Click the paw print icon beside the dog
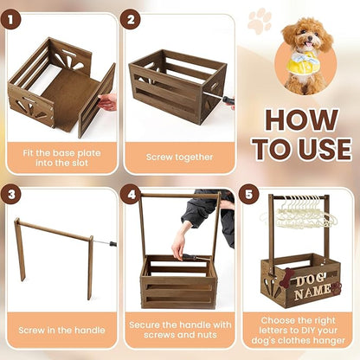[259, 21]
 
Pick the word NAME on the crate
[312, 293]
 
